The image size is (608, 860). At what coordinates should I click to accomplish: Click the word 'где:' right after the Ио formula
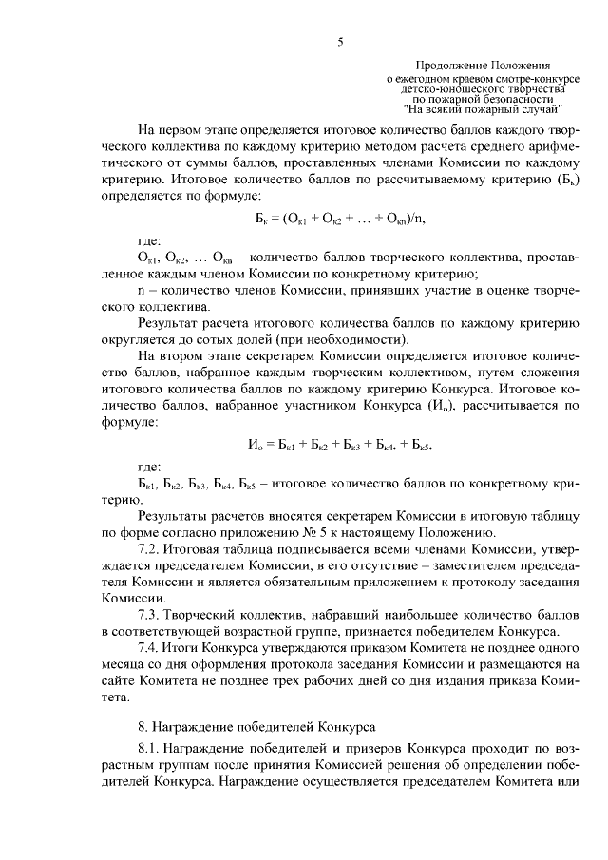point(149,468)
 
